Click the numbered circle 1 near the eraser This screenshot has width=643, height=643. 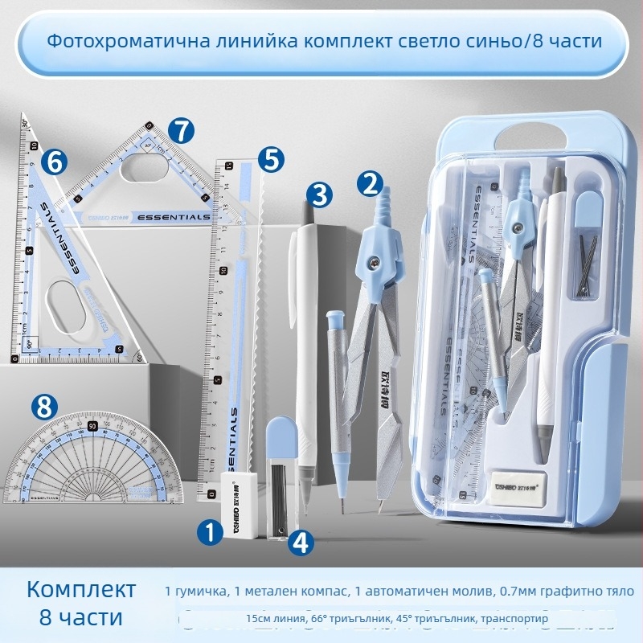[211, 530]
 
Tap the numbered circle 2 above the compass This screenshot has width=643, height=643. [370, 184]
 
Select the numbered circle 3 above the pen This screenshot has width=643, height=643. [319, 194]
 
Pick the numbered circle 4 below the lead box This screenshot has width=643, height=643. [300, 543]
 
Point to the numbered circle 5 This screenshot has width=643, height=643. [272, 158]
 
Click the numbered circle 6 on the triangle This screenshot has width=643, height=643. [55, 162]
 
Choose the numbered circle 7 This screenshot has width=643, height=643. [182, 130]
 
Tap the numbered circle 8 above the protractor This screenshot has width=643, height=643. [44, 407]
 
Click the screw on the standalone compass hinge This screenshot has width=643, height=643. [375, 260]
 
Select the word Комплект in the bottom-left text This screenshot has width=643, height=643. [81, 589]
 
